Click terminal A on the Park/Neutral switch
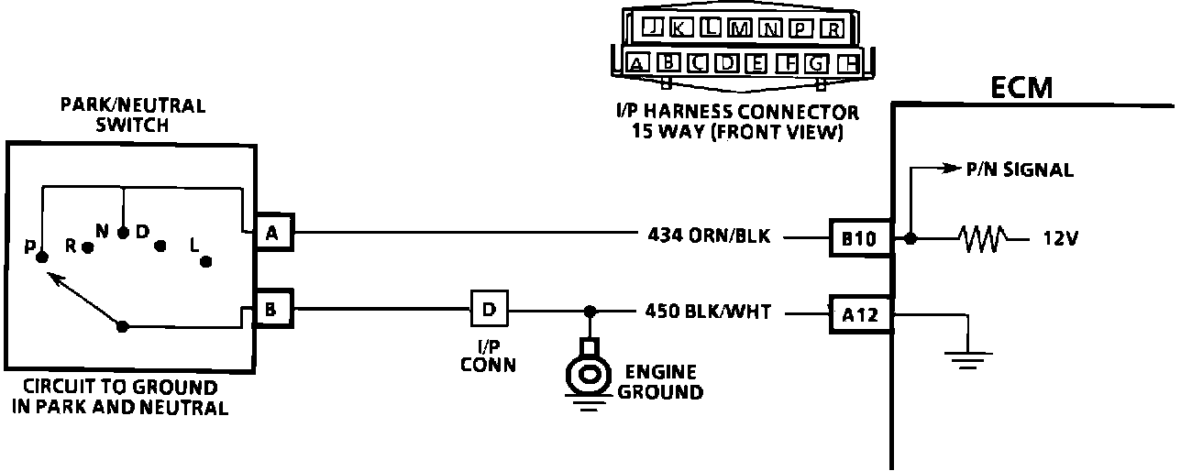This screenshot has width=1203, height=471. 271,235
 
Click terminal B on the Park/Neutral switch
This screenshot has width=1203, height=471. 271,309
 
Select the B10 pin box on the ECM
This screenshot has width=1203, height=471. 859,238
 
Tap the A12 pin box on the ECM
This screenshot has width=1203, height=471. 859,315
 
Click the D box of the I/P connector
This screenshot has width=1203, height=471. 489,309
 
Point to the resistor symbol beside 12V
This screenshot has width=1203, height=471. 982,238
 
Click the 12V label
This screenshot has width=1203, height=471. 1060,238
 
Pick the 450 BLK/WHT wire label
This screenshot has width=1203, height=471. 709,312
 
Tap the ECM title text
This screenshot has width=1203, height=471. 1022,88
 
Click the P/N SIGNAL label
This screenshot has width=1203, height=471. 1019,170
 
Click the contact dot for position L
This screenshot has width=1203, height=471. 206,261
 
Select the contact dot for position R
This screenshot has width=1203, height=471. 88,246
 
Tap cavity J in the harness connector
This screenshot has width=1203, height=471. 652,27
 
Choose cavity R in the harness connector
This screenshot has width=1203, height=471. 831,27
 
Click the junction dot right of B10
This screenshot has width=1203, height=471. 910,238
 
